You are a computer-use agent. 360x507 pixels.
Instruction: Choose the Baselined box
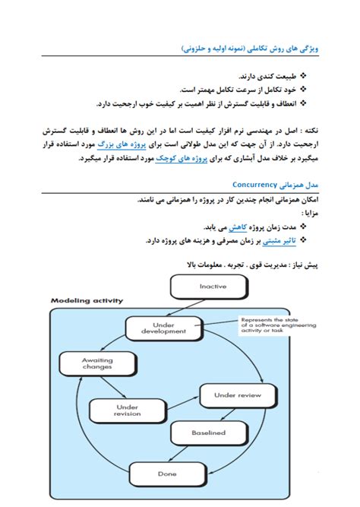[208, 433]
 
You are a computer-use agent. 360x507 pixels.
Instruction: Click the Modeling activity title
[87, 300]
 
